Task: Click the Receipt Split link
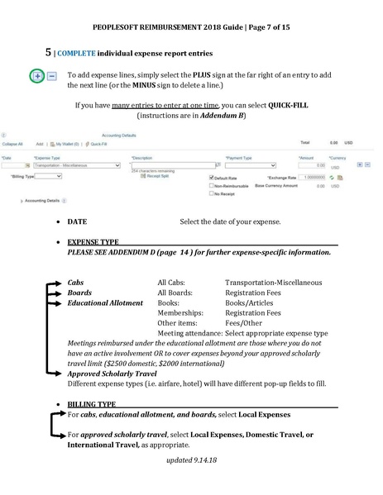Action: pyautogui.click(x=151, y=175)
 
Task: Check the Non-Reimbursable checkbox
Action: pyautogui.click(x=212, y=186)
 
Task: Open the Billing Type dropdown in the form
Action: pyautogui.click(x=49, y=176)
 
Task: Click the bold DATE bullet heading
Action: pyautogui.click(x=77, y=222)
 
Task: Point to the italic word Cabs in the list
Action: pyautogui.click(x=75, y=283)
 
